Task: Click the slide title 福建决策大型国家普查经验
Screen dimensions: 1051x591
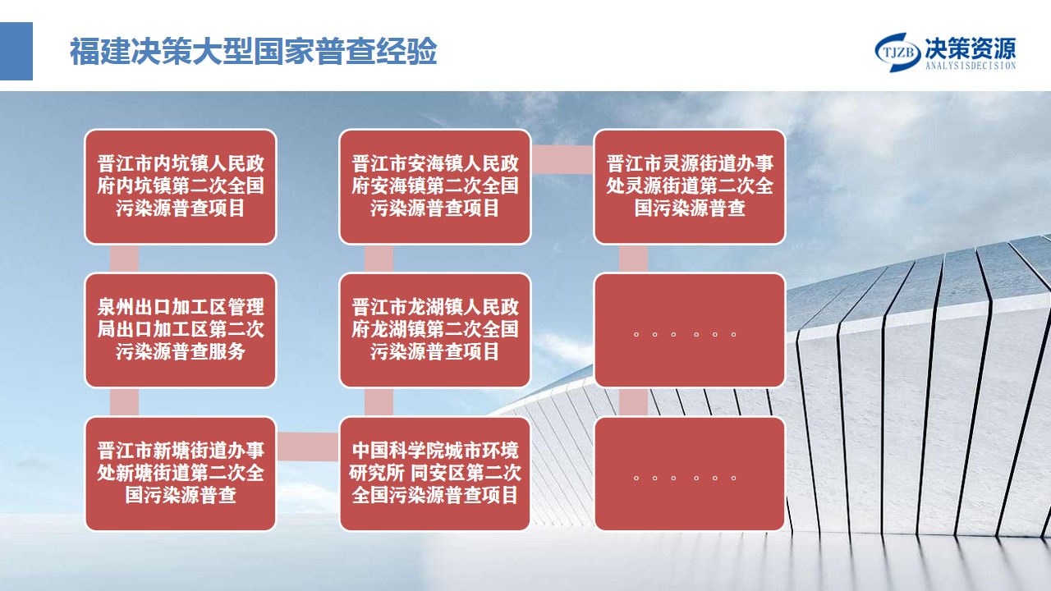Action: [x=254, y=51]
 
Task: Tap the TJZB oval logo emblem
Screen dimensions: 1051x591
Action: [x=897, y=52]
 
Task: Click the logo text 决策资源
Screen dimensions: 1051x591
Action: [x=971, y=48]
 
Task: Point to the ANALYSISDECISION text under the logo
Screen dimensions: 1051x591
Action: [x=971, y=66]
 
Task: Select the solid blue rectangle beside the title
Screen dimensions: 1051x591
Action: [x=16, y=51]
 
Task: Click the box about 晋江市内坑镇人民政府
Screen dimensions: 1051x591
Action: [x=181, y=186]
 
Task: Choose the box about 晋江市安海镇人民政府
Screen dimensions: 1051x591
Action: [x=435, y=186]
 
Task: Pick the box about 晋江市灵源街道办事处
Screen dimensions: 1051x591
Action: [x=690, y=186]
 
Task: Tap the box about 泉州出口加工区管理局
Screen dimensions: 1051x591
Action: [x=181, y=330]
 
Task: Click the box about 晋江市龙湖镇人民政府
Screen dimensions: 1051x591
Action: [x=435, y=330]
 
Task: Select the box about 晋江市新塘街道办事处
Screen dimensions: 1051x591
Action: [x=181, y=474]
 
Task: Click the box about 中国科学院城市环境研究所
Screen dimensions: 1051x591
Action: [x=435, y=474]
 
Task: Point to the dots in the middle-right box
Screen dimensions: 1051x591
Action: [x=685, y=334]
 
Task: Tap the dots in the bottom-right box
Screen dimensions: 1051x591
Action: [x=685, y=478]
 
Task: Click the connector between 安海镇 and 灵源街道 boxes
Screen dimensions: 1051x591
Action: [x=562, y=159]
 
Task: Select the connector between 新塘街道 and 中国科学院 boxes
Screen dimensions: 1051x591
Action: [x=308, y=447]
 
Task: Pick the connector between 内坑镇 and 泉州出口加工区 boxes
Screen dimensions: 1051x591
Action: [x=124, y=259]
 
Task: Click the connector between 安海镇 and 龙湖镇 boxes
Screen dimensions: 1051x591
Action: [x=379, y=259]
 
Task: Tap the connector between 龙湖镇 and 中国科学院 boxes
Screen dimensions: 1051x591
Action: [x=379, y=402]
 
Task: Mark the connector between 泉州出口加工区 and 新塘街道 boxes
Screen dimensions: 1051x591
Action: [x=124, y=402]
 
